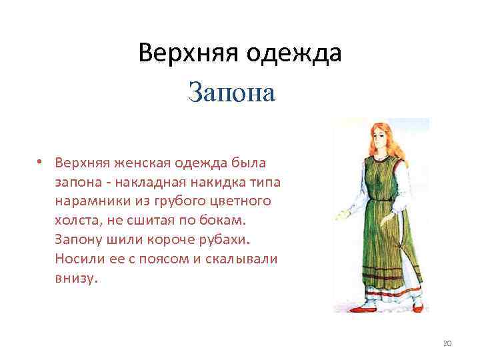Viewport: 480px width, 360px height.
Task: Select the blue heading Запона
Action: pyautogui.click(x=232, y=93)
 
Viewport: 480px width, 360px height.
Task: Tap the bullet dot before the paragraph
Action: pyautogui.click(x=41, y=162)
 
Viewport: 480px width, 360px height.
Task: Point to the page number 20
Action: pyautogui.click(x=447, y=343)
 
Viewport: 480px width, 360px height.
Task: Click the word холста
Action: pyautogui.click(x=75, y=220)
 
